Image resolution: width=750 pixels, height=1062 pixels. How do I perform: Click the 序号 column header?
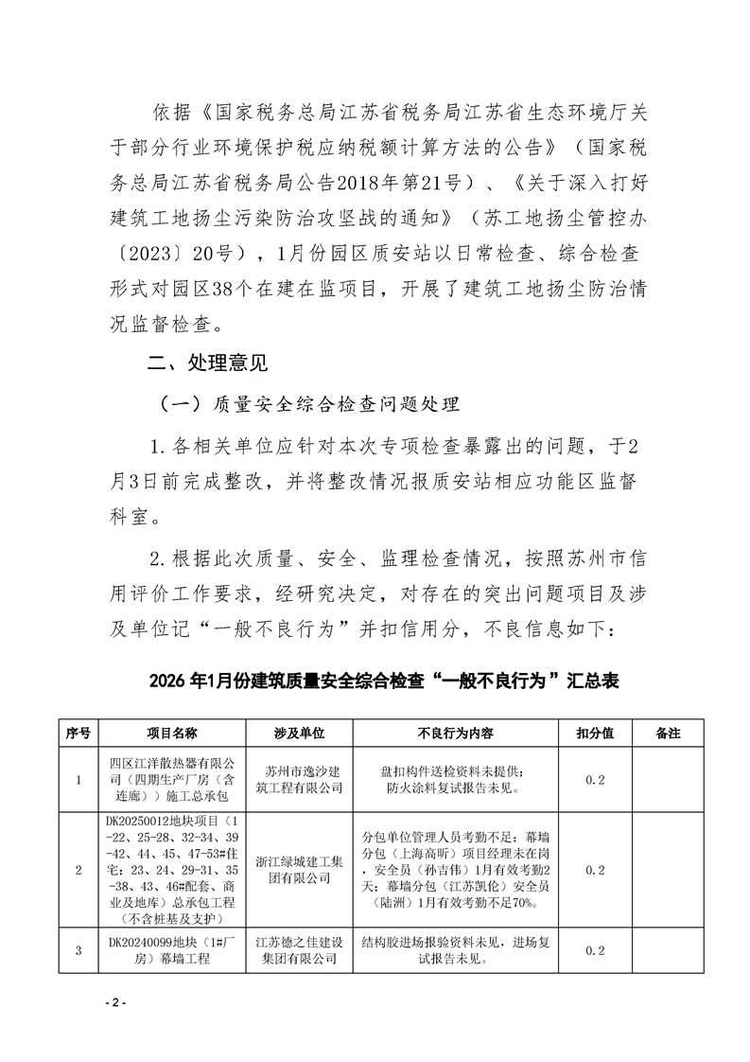click(78, 734)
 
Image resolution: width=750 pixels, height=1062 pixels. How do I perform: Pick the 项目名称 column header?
click(171, 734)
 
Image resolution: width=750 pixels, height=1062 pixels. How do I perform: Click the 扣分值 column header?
click(597, 734)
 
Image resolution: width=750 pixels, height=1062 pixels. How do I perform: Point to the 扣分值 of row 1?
click(597, 779)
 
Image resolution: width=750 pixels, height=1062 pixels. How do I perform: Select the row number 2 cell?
click(78, 870)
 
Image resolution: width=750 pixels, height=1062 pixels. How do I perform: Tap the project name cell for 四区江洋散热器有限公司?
click(171, 779)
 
